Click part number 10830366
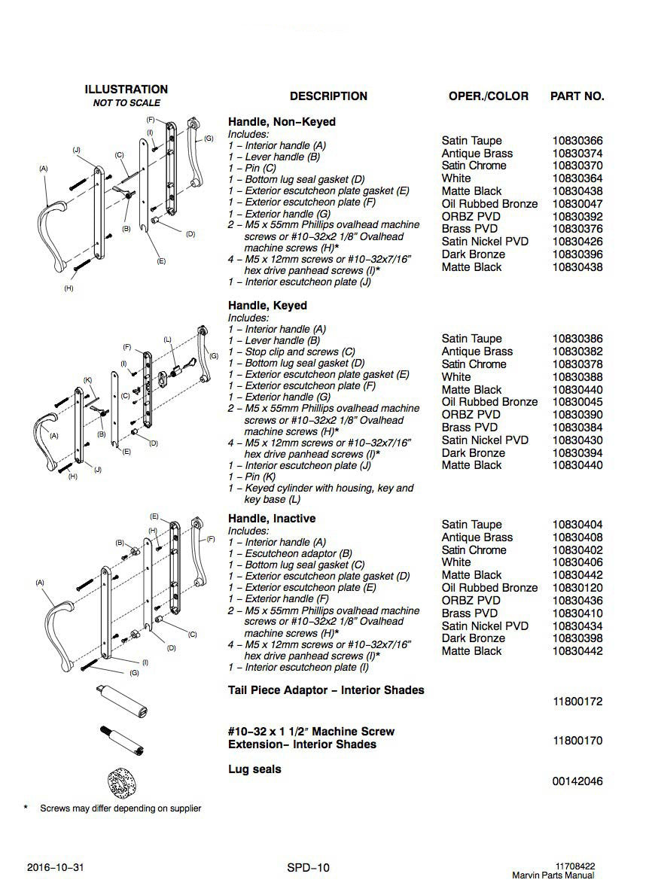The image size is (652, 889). coord(577,141)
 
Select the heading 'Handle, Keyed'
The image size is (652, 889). coord(267,306)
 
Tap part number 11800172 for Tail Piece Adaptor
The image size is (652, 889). coord(577,702)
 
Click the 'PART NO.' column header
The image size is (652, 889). coord(577,96)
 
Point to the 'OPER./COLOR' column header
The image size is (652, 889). coord(488,96)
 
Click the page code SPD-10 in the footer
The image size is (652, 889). coord(308,868)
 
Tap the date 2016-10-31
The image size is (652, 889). coord(55,868)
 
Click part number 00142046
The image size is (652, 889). coord(577,781)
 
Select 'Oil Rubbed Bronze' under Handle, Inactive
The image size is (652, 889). coord(489,588)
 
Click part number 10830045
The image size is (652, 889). coord(577,402)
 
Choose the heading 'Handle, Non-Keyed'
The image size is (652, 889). coord(282,122)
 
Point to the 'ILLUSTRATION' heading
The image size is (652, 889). coord(126,90)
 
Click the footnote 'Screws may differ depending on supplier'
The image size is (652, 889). coord(120,808)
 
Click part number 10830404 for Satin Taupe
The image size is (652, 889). coord(577,525)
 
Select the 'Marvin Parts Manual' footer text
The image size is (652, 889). coord(553,875)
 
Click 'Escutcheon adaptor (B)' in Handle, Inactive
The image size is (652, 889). coord(291,553)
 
